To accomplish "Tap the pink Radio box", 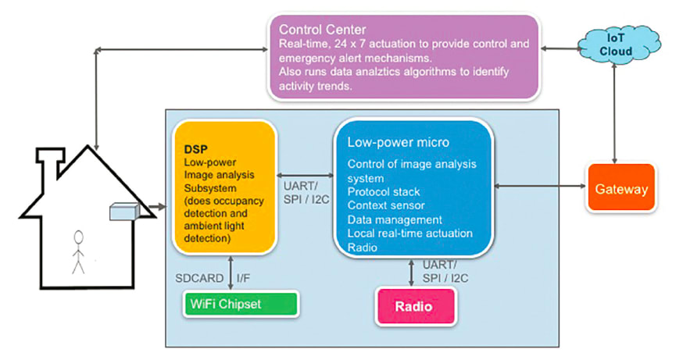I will (x=415, y=306).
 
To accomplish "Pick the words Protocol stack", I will (x=384, y=191).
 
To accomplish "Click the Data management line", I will (x=395, y=219).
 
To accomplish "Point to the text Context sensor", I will (x=386, y=205).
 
